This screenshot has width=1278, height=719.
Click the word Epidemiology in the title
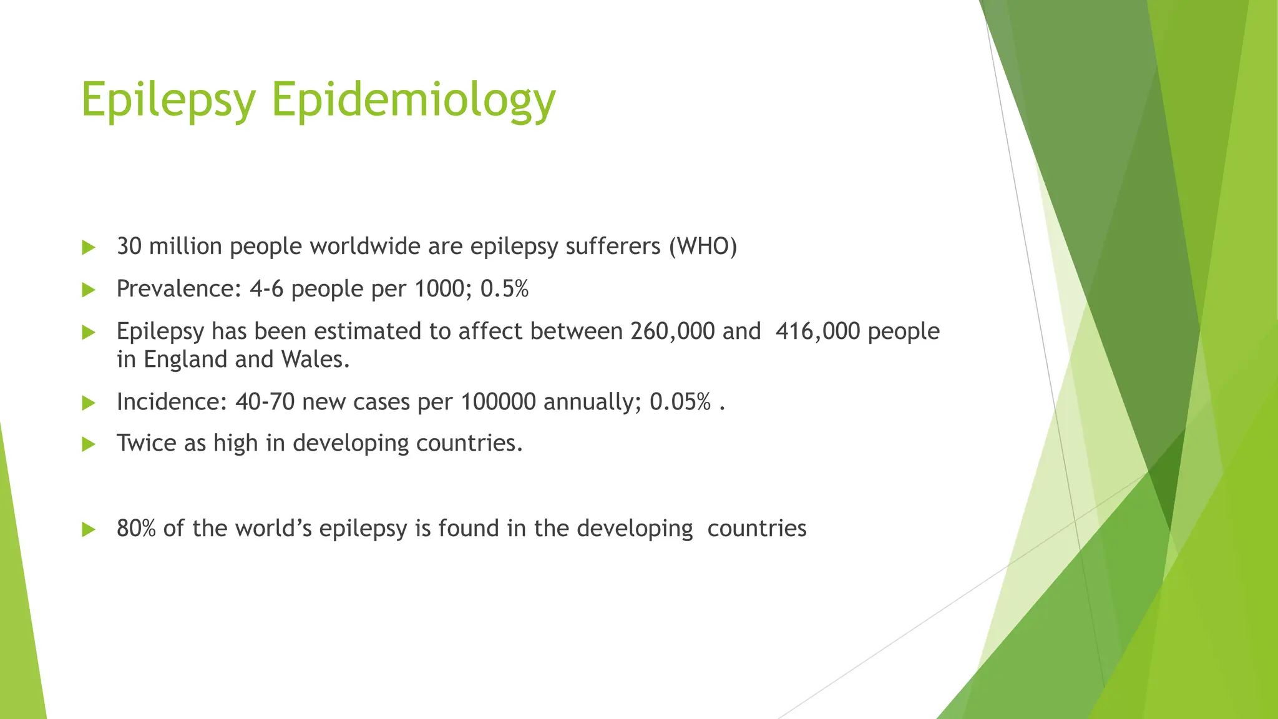pos(413,100)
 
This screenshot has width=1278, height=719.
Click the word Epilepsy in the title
pos(168,100)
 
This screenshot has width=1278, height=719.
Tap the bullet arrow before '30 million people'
pos(89,248)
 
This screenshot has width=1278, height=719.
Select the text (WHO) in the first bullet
pos(703,247)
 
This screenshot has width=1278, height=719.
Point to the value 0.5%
pos(504,289)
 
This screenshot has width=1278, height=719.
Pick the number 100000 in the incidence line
pos(498,402)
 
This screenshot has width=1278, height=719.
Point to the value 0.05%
pos(680,402)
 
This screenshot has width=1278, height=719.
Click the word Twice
pos(147,443)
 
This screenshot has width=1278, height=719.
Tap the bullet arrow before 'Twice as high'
pos(89,444)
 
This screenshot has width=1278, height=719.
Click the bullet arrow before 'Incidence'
pos(89,403)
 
